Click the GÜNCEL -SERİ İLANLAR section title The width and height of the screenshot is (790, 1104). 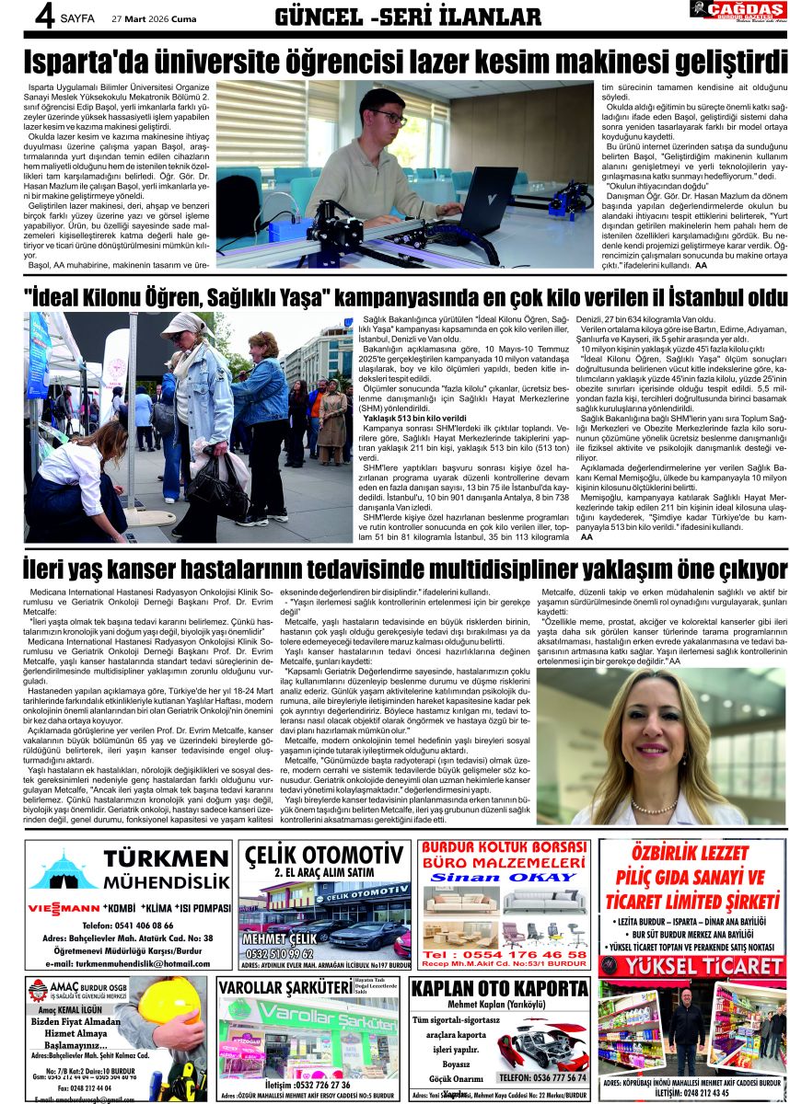point(408,17)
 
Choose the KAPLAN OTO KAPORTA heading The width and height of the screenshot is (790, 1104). point(499,989)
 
